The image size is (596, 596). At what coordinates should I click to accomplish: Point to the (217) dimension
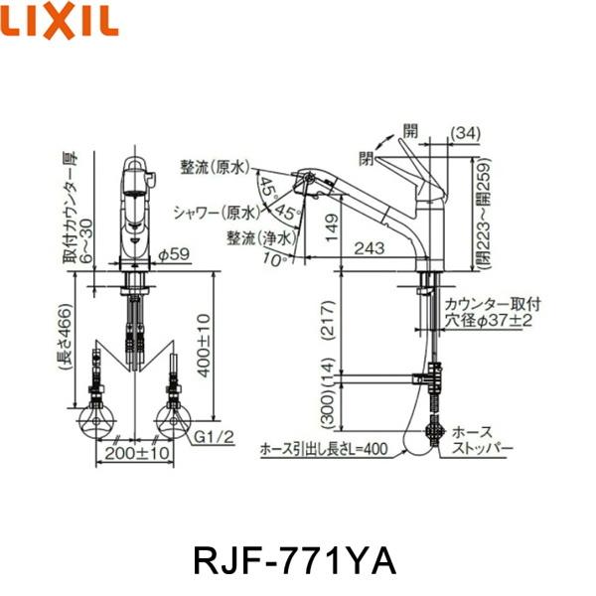tap(334, 321)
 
